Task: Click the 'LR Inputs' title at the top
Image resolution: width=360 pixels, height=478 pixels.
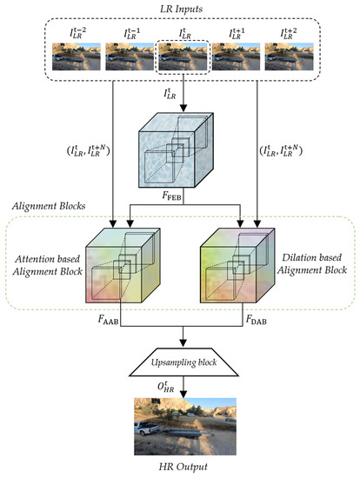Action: click(x=181, y=10)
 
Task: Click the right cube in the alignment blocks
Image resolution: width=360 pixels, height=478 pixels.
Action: click(x=243, y=269)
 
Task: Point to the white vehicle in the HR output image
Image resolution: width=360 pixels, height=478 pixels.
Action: click(x=147, y=429)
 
